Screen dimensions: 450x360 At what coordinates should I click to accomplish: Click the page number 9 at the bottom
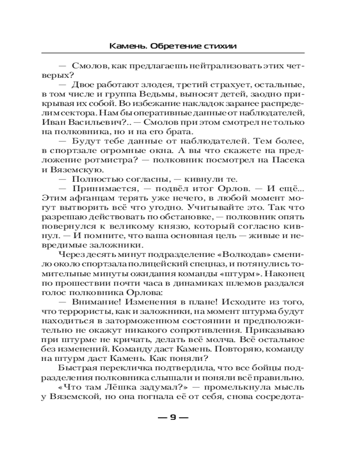point(173,418)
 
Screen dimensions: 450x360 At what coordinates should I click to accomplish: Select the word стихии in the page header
point(220,46)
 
